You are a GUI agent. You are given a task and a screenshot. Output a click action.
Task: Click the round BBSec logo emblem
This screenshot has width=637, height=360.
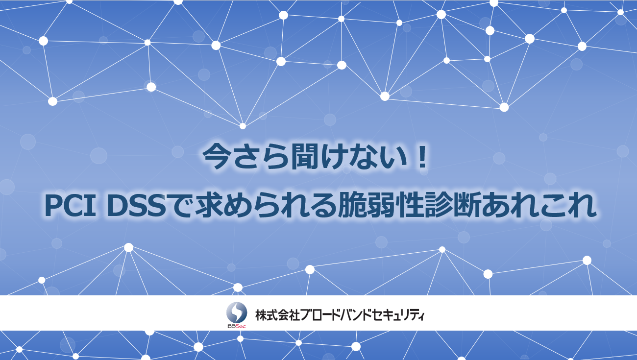pyautogui.click(x=237, y=312)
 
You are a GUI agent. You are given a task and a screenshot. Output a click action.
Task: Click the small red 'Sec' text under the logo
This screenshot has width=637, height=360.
pyautogui.click(x=241, y=326)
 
